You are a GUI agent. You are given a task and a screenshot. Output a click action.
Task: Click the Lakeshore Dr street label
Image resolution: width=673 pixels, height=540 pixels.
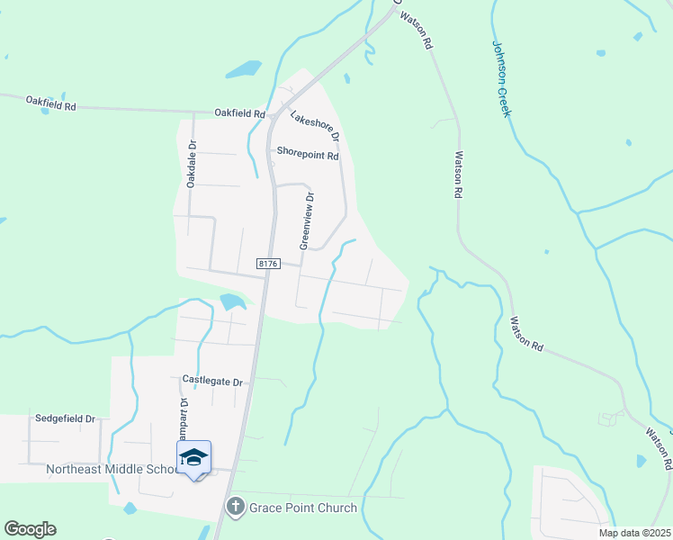(x=314, y=126)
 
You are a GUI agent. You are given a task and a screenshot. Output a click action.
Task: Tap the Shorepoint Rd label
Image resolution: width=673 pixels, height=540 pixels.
(x=308, y=155)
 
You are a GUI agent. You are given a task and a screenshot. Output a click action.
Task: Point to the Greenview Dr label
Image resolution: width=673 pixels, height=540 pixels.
(x=307, y=220)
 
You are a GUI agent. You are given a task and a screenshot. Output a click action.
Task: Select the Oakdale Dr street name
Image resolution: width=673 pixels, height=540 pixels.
(x=192, y=163)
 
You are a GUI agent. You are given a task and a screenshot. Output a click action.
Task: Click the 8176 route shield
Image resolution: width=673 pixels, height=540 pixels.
(x=268, y=264)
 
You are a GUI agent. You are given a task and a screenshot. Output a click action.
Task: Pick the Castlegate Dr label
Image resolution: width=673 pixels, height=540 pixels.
(x=212, y=382)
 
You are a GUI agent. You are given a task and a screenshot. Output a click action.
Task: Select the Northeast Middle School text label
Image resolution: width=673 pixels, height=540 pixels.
(x=112, y=470)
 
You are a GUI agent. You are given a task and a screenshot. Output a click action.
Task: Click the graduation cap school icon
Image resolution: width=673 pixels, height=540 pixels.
(x=194, y=458)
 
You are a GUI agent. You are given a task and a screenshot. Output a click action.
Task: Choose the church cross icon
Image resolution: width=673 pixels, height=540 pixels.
(x=236, y=507)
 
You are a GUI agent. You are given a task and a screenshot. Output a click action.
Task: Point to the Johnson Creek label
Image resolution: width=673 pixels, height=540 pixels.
(x=501, y=78)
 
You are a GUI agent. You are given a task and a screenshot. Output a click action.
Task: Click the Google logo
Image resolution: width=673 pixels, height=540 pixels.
(x=30, y=529)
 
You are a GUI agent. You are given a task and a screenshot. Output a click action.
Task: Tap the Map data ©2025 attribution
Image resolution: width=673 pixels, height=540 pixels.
(x=634, y=533)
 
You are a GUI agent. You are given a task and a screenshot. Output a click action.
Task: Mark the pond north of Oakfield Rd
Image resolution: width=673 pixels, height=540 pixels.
(x=243, y=68)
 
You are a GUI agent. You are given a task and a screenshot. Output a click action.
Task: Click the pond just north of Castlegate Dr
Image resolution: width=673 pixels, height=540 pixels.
(x=232, y=302)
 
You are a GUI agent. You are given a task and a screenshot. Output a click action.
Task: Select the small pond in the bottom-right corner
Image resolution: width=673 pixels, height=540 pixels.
(x=641, y=461)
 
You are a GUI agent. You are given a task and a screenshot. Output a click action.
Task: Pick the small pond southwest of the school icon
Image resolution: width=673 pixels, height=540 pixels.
(x=130, y=508)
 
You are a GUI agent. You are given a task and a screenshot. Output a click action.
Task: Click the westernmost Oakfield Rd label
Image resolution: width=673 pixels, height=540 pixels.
(x=50, y=103)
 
